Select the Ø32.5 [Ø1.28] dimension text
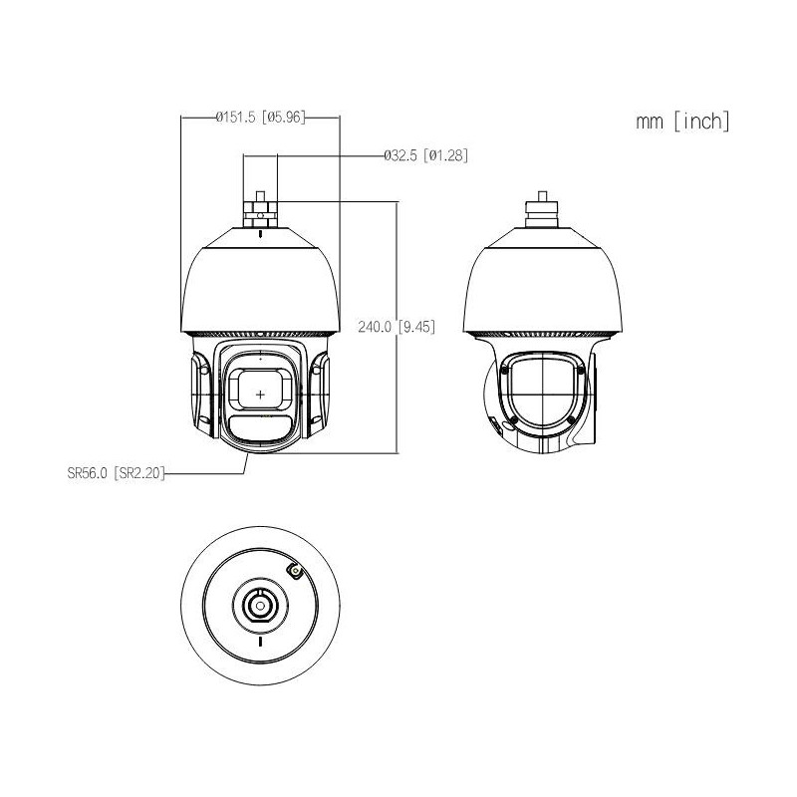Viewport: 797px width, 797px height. tap(425, 155)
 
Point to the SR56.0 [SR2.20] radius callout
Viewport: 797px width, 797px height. tap(110, 475)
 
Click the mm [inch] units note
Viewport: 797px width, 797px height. tap(683, 122)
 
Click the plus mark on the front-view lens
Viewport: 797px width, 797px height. tap(261, 395)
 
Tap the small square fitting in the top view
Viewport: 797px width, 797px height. tap(295, 570)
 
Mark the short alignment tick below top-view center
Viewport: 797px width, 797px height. tap(260, 644)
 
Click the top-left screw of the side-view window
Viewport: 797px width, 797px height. tap(503, 370)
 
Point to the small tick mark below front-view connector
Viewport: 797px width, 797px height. tap(261, 235)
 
